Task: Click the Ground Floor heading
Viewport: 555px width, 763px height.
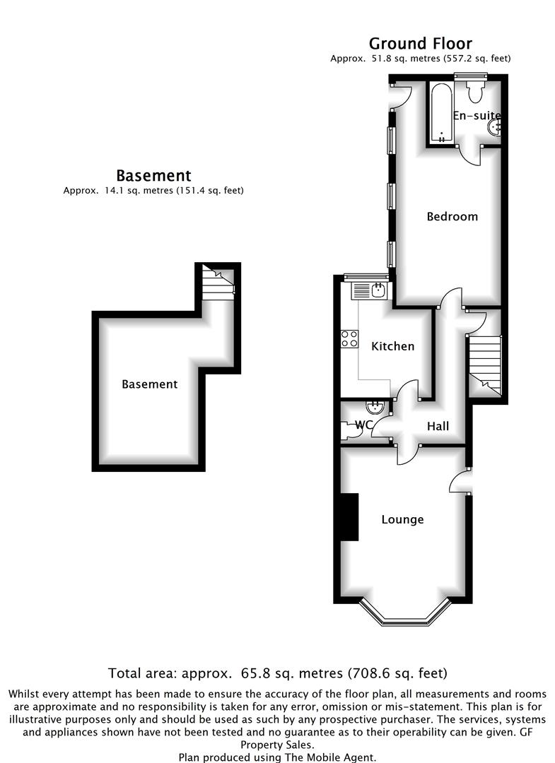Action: point(420,44)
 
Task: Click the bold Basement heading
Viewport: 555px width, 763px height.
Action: point(153,175)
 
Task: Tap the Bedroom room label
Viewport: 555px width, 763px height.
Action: point(452,216)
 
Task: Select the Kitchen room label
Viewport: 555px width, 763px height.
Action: point(392,346)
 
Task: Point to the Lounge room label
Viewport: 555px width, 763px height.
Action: point(402,519)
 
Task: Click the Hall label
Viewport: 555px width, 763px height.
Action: point(438,426)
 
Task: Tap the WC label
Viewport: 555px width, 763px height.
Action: point(364,425)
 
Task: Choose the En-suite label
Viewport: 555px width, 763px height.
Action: point(476,116)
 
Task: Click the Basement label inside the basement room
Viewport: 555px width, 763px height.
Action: point(149,384)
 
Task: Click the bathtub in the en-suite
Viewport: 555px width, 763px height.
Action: point(442,113)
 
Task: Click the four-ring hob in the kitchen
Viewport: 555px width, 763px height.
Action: point(349,338)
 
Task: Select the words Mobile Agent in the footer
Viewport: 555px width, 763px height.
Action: point(341,757)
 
